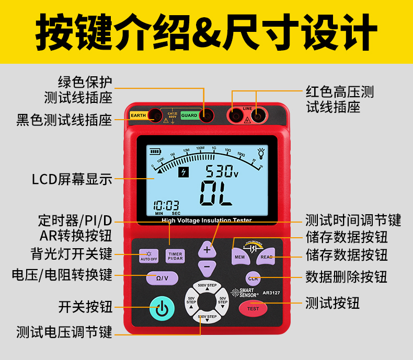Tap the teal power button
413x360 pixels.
[162, 308]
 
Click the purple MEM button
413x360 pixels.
[239, 257]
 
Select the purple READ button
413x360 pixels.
[267, 257]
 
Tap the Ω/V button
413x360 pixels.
[162, 278]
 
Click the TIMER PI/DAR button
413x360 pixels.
[175, 256]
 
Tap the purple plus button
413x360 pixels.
[207, 250]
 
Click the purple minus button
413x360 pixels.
[207, 266]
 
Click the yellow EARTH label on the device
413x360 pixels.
[139, 115]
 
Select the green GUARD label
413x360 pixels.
[189, 115]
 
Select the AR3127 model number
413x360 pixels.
[271, 293]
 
